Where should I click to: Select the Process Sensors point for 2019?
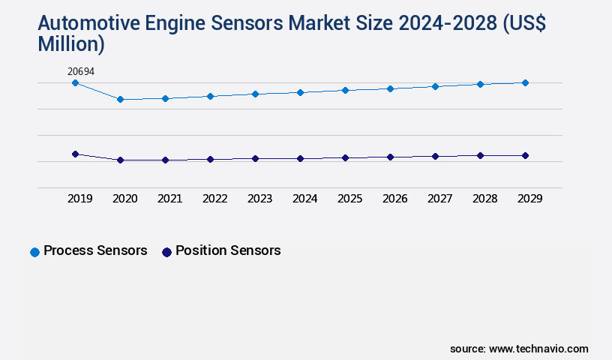pyautogui.click(x=75, y=82)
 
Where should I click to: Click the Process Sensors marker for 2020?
pyautogui.click(x=120, y=99)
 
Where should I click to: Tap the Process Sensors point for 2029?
pyautogui.click(x=525, y=82)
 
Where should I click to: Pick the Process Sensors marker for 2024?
pyautogui.click(x=300, y=92)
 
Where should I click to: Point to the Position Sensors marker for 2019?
pyautogui.click(x=75, y=154)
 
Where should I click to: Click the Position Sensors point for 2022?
pyautogui.click(x=210, y=159)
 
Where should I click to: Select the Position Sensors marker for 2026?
pyautogui.click(x=390, y=157)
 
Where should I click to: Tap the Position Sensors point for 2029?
pyautogui.click(x=525, y=155)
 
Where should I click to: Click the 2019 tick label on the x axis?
pyautogui.click(x=80, y=199)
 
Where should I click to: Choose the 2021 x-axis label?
pyautogui.click(x=170, y=199)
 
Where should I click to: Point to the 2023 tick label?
pyautogui.click(x=260, y=199)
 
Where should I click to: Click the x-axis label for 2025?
pyautogui.click(x=350, y=199)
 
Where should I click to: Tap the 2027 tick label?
pyautogui.click(x=440, y=199)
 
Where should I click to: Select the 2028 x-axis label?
pyautogui.click(x=485, y=199)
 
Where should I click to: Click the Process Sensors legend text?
pyautogui.click(x=95, y=250)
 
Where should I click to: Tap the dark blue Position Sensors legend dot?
pyautogui.click(x=167, y=252)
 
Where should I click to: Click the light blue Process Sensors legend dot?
pyautogui.click(x=34, y=252)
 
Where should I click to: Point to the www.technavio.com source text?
pyautogui.click(x=538, y=349)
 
